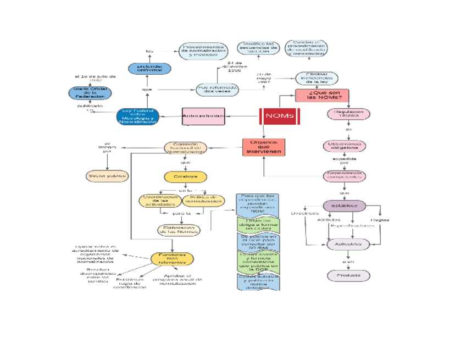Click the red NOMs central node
279,116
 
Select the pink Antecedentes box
203,116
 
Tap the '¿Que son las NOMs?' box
322,95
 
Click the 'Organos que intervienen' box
264,147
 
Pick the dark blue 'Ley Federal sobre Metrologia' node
138,116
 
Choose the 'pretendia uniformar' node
149,69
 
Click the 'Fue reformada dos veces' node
217,89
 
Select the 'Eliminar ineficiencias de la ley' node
317,78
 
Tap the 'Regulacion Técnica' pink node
348,114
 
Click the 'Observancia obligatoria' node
345,146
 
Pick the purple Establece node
345,206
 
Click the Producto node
345,274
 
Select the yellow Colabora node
186,176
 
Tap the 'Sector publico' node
107,176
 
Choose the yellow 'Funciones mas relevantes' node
173,258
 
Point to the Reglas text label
380,220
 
